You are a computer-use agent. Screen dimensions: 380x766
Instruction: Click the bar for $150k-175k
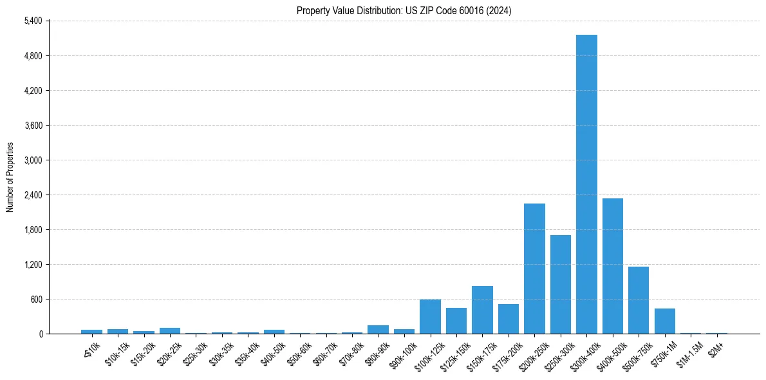(482, 310)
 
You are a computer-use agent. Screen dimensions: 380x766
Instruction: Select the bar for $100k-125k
(430, 316)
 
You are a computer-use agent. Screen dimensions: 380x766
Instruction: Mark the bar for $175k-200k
(508, 319)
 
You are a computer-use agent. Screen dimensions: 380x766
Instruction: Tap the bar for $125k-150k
(456, 321)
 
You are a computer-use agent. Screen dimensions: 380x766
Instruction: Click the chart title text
(404, 10)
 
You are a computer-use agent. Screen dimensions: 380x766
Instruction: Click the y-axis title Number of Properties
(10, 177)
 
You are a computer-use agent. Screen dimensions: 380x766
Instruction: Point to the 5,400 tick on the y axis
(32, 21)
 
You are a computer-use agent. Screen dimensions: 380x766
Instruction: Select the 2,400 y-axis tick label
(32, 195)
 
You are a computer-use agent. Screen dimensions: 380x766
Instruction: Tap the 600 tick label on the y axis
(36, 299)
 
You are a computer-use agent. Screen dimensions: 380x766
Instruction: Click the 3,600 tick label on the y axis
(32, 126)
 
